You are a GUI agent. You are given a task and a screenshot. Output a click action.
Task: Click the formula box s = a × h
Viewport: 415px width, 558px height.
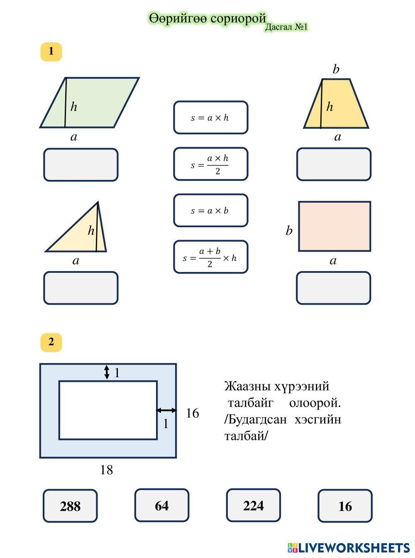(210, 118)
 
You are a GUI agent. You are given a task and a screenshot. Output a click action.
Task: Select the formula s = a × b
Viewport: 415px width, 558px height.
(210, 211)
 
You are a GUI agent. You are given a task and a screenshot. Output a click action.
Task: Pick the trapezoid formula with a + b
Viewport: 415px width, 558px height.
(210, 257)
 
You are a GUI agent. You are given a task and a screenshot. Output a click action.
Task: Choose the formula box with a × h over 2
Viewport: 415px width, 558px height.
(210, 164)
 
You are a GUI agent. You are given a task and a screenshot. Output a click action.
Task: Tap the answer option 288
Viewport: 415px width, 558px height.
(70, 506)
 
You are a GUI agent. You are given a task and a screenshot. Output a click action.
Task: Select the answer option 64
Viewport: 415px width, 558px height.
(161, 505)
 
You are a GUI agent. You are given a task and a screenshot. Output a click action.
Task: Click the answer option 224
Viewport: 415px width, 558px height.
(253, 505)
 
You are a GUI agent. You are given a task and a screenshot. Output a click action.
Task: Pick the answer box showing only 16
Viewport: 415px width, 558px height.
(345, 506)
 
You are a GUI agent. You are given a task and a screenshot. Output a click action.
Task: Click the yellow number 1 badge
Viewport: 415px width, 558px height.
(51, 51)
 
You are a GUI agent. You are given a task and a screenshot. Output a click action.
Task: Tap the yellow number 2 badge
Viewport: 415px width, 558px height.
(51, 342)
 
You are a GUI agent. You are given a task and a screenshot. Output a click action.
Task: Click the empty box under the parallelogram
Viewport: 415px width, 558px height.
(81, 165)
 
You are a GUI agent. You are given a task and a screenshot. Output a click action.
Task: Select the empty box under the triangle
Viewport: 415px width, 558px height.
(81, 288)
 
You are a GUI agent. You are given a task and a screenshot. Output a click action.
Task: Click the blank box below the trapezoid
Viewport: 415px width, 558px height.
(334, 165)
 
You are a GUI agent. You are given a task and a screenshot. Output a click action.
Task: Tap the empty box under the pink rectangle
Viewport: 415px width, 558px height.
(333, 288)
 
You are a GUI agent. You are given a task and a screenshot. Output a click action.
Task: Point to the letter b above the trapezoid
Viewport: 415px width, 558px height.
(336, 69)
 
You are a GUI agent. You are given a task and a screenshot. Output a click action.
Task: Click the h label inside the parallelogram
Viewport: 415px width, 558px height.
(73, 107)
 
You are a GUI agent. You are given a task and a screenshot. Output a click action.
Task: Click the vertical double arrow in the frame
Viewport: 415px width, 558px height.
(107, 372)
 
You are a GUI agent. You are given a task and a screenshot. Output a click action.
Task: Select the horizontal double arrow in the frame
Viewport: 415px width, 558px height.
(166, 410)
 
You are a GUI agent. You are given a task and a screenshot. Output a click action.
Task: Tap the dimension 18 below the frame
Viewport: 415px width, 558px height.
(107, 470)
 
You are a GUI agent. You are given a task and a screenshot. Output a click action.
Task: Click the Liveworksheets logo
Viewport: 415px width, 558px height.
(348, 548)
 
